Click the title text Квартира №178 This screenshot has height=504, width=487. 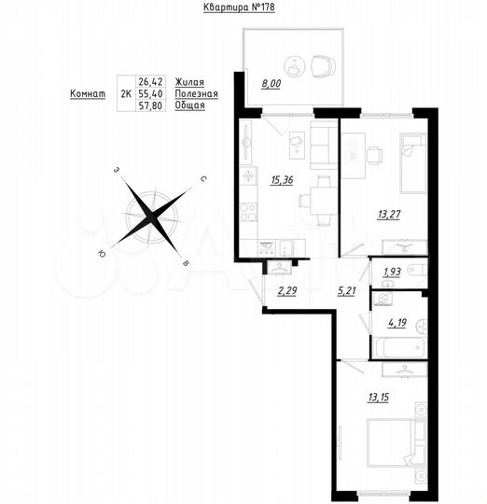[238, 7]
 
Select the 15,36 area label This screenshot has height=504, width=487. [281, 181]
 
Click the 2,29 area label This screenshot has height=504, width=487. [287, 290]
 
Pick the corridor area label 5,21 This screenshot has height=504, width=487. [346, 290]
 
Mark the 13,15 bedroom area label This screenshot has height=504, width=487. [379, 397]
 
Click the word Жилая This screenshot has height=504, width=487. [188, 83]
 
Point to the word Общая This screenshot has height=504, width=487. [188, 106]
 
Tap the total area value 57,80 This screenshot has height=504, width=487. [149, 106]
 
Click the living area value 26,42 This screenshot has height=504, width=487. [149, 83]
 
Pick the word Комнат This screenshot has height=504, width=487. [87, 94]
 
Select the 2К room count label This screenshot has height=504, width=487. [125, 94]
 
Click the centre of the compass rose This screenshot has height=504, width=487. [152, 215]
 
